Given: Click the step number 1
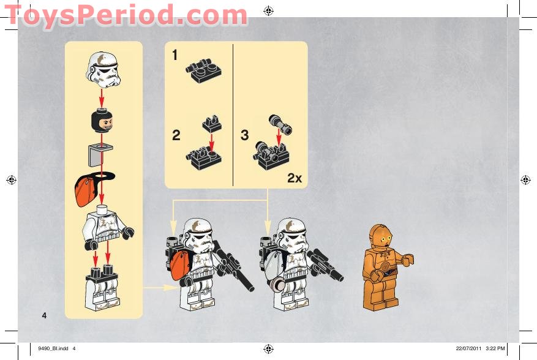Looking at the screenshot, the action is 175,55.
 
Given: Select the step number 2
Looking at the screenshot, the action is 176,135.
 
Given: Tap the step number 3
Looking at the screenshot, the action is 244,135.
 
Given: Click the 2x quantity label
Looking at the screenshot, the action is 295,178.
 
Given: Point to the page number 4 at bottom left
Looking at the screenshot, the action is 44,315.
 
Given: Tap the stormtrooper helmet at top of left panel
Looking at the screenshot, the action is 103,70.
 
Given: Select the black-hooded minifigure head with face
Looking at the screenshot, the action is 102,120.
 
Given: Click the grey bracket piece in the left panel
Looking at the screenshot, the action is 99,155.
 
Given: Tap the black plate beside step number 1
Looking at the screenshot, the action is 204,70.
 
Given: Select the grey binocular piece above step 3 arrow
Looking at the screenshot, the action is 280,125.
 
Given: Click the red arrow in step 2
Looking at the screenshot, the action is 211,143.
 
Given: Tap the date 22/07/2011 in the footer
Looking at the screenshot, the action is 468,348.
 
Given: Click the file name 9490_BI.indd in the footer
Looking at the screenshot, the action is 53,348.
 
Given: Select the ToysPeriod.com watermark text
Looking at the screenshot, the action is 126,15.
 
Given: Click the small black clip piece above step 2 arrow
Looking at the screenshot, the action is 212,124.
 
